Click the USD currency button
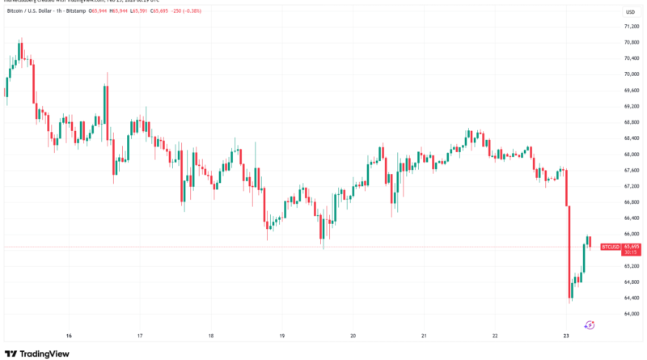[x=628, y=12]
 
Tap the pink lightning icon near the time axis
[x=590, y=324]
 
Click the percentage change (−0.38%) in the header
[x=213, y=11]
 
